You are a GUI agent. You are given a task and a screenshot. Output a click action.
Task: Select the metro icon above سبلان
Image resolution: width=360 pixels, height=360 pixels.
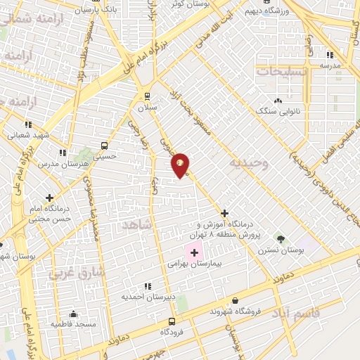click(x=147, y=96)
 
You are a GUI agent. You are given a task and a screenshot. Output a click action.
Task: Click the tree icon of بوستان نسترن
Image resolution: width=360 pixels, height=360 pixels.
click(x=280, y=238)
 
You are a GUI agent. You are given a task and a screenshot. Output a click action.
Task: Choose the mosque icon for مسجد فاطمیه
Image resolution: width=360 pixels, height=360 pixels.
click(x=72, y=314)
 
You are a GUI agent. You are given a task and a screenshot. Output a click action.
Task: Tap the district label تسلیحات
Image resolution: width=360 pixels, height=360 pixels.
click(x=282, y=72)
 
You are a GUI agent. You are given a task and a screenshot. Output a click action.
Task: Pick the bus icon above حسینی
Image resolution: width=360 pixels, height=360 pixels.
click(x=104, y=146)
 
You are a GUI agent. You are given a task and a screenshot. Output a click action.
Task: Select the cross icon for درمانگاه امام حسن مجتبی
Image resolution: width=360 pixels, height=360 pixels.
click(x=49, y=198)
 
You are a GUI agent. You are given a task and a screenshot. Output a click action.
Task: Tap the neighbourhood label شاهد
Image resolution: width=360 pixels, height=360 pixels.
click(x=137, y=224)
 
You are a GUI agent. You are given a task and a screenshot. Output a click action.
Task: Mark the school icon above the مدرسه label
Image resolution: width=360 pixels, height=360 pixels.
click(x=327, y=55)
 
